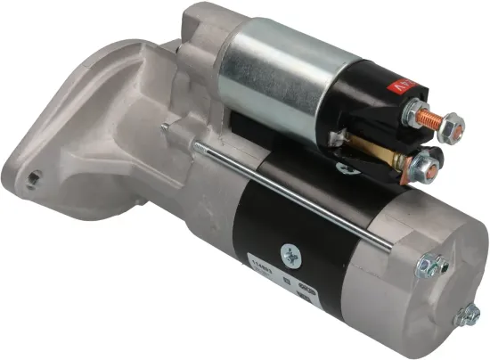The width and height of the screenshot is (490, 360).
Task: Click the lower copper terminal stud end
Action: point(430,164)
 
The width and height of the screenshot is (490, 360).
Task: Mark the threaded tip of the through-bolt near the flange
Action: point(167,127)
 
